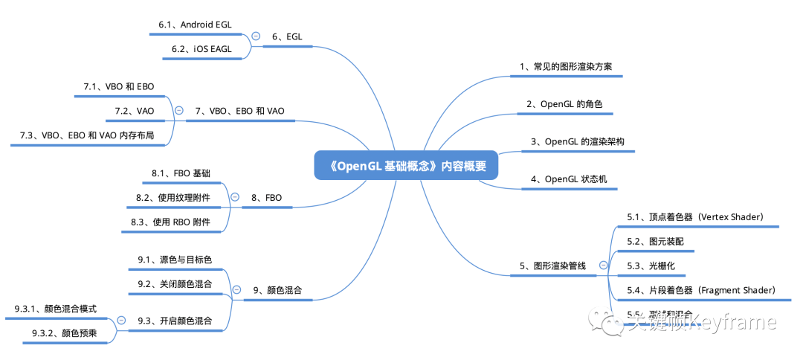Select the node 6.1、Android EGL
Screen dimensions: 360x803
pos(195,25)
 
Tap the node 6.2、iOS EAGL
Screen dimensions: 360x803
pos(201,49)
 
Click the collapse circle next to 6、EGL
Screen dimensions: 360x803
pos(256,36)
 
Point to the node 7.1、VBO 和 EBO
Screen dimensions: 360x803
pos(118,87)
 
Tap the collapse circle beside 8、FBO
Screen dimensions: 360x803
pos(235,197)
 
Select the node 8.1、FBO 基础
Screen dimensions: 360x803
pos(181,173)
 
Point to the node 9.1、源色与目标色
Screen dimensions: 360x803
pos(175,260)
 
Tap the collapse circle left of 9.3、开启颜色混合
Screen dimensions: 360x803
pos(121,321)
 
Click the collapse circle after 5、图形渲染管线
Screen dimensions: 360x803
pos(603,265)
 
